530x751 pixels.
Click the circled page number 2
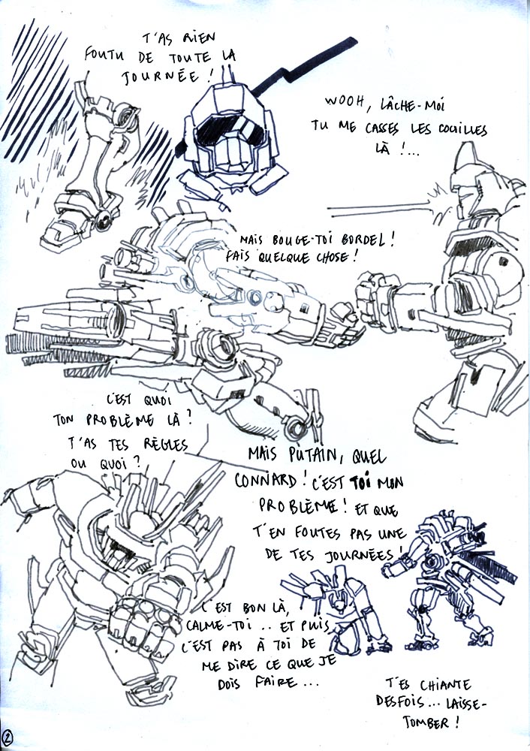point(8,735)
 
